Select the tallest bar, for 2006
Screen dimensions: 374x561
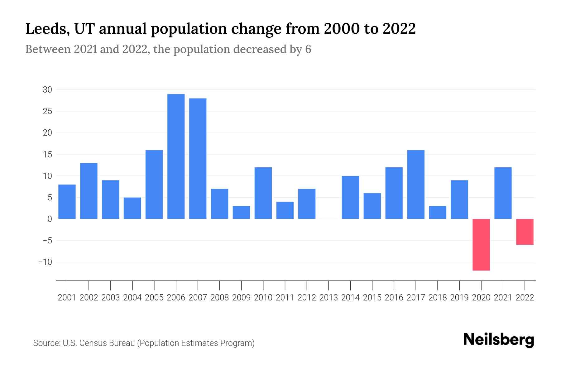tap(176, 156)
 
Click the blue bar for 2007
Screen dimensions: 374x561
tap(198, 159)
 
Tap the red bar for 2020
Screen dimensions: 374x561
tap(481, 245)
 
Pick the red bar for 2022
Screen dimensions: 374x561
tap(525, 232)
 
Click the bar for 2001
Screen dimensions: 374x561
tap(67, 202)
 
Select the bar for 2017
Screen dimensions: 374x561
tap(416, 185)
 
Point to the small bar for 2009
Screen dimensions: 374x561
tap(241, 213)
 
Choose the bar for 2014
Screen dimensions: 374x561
tap(350, 198)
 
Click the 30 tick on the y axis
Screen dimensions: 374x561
tap(47, 90)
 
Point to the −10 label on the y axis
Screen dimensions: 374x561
tap(45, 262)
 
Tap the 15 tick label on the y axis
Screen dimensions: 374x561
tap(47, 155)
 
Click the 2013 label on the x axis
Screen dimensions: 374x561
tap(328, 298)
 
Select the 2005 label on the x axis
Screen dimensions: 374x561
tap(154, 298)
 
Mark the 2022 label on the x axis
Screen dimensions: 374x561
tap(525, 298)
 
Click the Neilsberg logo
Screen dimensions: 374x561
tap(499, 340)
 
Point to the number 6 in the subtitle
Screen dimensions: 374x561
tap(308, 50)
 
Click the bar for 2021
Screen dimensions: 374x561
tap(503, 193)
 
